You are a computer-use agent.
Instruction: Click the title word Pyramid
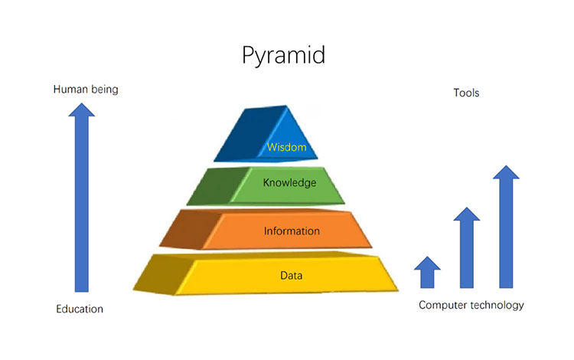click(x=287, y=56)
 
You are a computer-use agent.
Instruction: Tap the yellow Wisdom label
click(x=287, y=147)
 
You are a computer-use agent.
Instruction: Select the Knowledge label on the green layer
click(x=289, y=183)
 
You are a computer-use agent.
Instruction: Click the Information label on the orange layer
click(x=292, y=231)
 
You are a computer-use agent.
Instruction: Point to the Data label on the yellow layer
click(x=291, y=273)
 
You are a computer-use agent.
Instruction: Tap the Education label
click(x=80, y=309)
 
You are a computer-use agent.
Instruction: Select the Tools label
click(x=466, y=93)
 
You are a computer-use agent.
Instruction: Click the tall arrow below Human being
click(x=82, y=207)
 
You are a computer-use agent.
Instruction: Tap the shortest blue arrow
click(x=428, y=272)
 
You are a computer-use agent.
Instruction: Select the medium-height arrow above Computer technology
click(x=467, y=249)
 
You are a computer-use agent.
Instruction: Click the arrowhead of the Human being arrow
click(x=82, y=110)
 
